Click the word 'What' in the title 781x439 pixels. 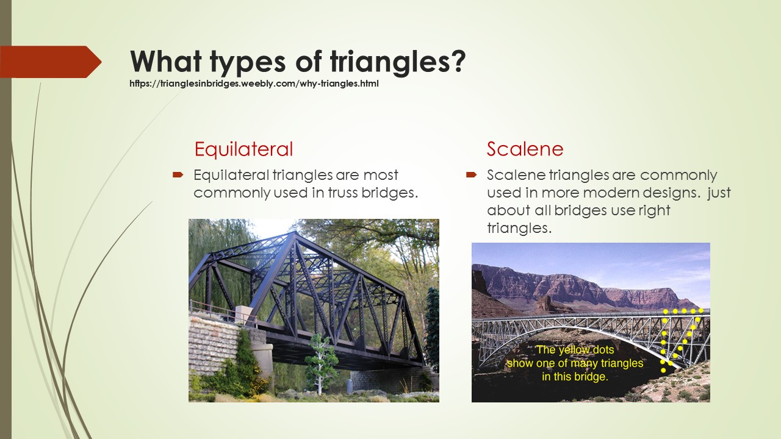point(166,61)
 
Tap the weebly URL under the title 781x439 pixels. point(254,84)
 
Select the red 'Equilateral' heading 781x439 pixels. point(243,149)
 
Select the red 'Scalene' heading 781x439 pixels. point(525,149)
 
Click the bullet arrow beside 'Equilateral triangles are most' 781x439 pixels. point(178,174)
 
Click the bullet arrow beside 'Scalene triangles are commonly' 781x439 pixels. point(472,174)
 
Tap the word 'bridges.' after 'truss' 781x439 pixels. point(389,193)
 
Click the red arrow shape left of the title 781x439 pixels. point(51,62)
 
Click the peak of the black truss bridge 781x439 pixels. point(295,232)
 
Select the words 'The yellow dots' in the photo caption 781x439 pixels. point(575,350)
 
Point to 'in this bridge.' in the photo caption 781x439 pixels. point(575,377)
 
